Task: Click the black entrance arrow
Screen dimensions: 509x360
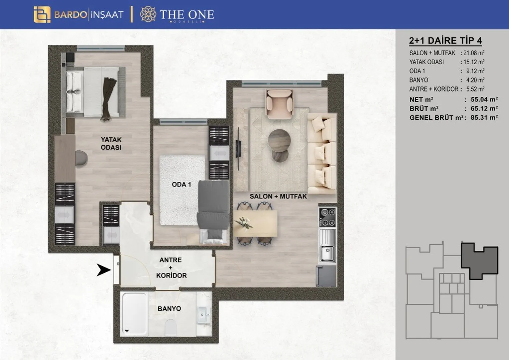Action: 104,270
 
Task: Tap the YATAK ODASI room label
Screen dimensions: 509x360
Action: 111,143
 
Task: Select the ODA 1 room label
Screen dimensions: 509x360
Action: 181,184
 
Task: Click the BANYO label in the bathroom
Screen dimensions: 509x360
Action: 169,309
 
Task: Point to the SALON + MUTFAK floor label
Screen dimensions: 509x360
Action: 278,196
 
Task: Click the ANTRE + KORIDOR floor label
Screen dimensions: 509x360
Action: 171,268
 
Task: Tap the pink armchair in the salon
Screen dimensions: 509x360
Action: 279,104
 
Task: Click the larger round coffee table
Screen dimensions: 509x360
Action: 279,141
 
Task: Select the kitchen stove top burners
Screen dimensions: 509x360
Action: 327,217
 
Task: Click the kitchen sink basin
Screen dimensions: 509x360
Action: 327,254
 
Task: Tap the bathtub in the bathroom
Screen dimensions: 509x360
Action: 134,314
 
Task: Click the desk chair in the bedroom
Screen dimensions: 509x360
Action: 82,158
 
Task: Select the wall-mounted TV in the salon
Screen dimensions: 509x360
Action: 238,149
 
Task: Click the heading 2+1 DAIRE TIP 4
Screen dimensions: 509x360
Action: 445,41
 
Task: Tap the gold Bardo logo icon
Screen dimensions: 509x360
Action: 42,15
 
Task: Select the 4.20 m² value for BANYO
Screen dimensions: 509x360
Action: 475,80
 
